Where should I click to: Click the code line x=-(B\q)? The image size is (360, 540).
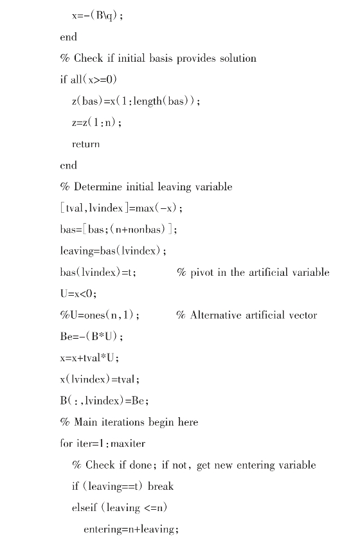pyautogui.click(x=97, y=15)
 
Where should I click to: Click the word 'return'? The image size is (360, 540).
pyautogui.click(x=85, y=144)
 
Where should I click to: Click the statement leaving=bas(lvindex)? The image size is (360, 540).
pyautogui.click(x=109, y=251)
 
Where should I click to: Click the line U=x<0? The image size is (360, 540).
pyautogui.click(x=76, y=294)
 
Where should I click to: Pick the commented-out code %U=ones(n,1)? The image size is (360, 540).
pyautogui.click(x=100, y=315)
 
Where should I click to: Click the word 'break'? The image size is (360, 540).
pyautogui.click(x=161, y=487)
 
